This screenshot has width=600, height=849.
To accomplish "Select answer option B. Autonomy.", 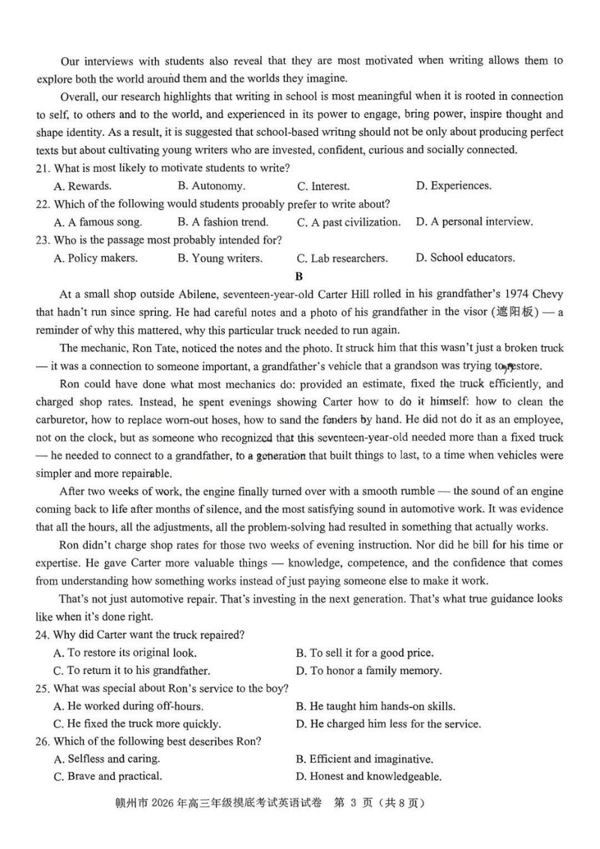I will click(x=211, y=186).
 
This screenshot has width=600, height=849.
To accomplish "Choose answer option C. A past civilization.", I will click(x=349, y=222).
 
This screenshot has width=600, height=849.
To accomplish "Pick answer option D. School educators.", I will click(x=465, y=258).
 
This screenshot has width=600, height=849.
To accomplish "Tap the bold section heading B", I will click(x=299, y=276).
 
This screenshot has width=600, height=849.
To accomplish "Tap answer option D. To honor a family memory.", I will click(x=368, y=670).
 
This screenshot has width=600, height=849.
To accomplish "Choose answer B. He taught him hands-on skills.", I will click(x=375, y=706).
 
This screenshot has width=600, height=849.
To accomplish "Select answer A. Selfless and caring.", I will click(x=107, y=759).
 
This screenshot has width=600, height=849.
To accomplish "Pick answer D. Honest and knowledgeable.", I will click(x=368, y=776).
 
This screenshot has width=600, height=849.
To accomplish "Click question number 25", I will click(x=42, y=689).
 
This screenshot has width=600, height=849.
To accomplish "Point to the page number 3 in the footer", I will click(x=354, y=803).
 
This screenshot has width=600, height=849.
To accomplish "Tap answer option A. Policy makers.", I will click(x=95, y=258).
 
